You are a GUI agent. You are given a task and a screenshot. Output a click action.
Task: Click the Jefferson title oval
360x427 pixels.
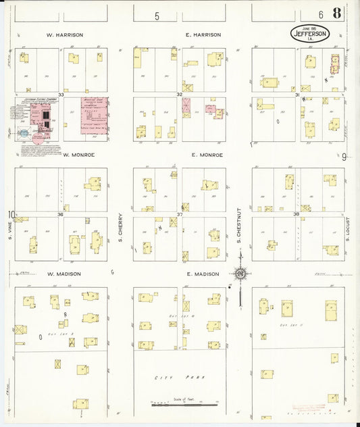coord(310,33)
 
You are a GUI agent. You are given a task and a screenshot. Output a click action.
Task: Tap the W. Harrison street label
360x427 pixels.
coord(64,34)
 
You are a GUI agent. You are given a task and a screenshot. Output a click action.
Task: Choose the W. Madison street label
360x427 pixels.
coord(64,274)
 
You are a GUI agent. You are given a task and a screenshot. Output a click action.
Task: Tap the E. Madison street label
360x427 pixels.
coord(202,274)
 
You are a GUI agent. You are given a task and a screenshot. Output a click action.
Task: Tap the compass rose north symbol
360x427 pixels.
coord(240,274)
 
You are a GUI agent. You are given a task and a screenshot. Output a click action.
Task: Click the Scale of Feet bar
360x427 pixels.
coord(180,405)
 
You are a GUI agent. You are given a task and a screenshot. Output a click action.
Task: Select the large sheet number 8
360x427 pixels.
coord(336,14)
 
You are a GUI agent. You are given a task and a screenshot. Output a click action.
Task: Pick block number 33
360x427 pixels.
coord(61,95)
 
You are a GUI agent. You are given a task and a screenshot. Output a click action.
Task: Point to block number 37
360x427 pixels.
coord(180,214)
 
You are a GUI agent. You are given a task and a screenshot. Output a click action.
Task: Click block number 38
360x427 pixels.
coord(296,214)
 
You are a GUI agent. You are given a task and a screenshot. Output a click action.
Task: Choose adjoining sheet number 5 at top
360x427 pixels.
coord(157,16)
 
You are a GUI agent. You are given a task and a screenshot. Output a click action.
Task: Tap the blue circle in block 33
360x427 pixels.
coord(24,133)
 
